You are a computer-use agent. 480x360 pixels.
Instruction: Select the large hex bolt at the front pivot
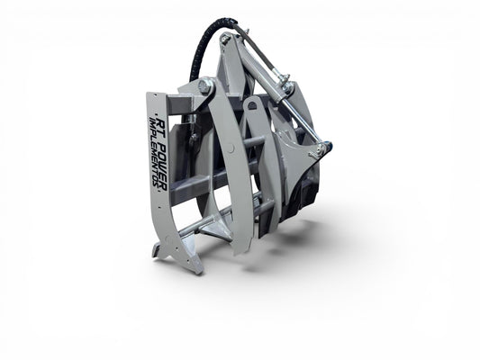pyautogui.click(x=206, y=85)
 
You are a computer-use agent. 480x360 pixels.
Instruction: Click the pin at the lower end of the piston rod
pyautogui.click(x=321, y=149)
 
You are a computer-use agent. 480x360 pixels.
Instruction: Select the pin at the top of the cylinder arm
pyautogui.click(x=226, y=38)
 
